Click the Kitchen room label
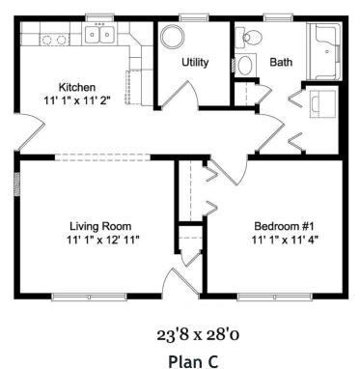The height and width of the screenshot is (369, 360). [76, 86]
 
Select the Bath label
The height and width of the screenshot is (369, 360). [281, 62]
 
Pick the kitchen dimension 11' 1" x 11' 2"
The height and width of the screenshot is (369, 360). [76, 99]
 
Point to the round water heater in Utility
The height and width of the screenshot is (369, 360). [175, 38]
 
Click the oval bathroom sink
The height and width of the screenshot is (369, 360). [245, 67]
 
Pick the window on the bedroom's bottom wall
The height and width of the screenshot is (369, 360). [264, 296]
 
